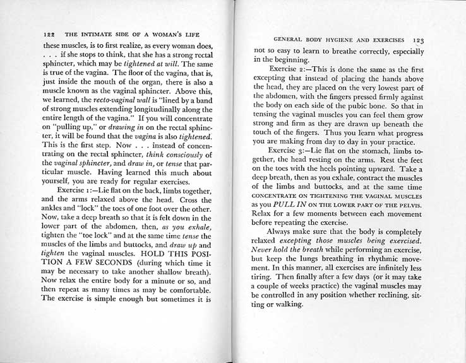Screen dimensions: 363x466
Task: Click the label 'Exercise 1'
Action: (74, 190)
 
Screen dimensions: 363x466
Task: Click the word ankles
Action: (56, 213)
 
